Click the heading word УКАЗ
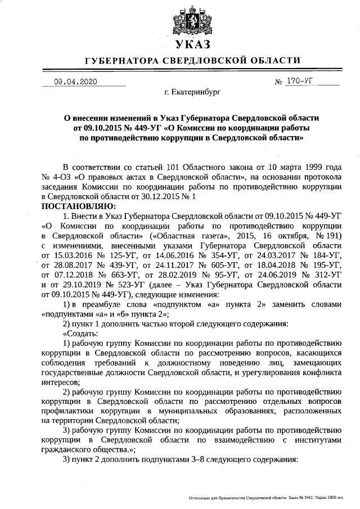[192, 45]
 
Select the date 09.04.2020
[75, 82]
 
